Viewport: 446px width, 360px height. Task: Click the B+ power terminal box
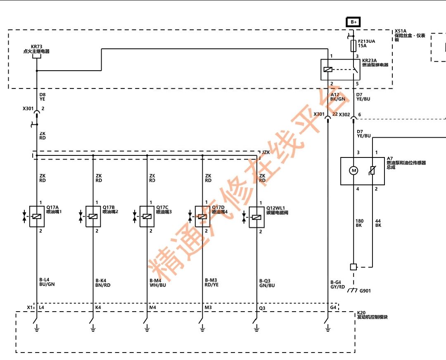pyautogui.click(x=353, y=22)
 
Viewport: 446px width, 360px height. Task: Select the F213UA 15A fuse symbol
pyautogui.click(x=353, y=45)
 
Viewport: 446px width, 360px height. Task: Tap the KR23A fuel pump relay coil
pyautogui.click(x=328, y=69)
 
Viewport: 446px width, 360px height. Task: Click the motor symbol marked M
pyautogui.click(x=353, y=170)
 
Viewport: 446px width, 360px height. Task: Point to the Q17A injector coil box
pyautogui.click(x=37, y=216)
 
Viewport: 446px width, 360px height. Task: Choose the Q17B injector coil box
pyautogui.click(x=93, y=216)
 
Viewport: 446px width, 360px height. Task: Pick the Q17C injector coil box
pyautogui.click(x=147, y=216)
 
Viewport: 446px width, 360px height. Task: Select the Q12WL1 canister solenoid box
pyautogui.click(x=256, y=217)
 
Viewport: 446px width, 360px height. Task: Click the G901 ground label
pyautogui.click(x=365, y=291)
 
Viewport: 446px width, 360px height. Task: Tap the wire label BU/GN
pyautogui.click(x=47, y=284)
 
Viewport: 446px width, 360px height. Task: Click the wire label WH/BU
pyautogui.click(x=158, y=285)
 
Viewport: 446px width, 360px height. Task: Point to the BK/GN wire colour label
pyautogui.click(x=338, y=99)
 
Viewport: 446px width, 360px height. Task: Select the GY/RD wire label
pyautogui.click(x=338, y=287)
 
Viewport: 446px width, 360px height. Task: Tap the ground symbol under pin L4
pyautogui.click(x=37, y=329)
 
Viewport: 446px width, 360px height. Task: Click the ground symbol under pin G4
pyautogui.click(x=328, y=329)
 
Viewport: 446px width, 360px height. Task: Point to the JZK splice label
pyautogui.click(x=266, y=153)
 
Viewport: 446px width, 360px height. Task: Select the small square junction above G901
pyautogui.click(x=353, y=267)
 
